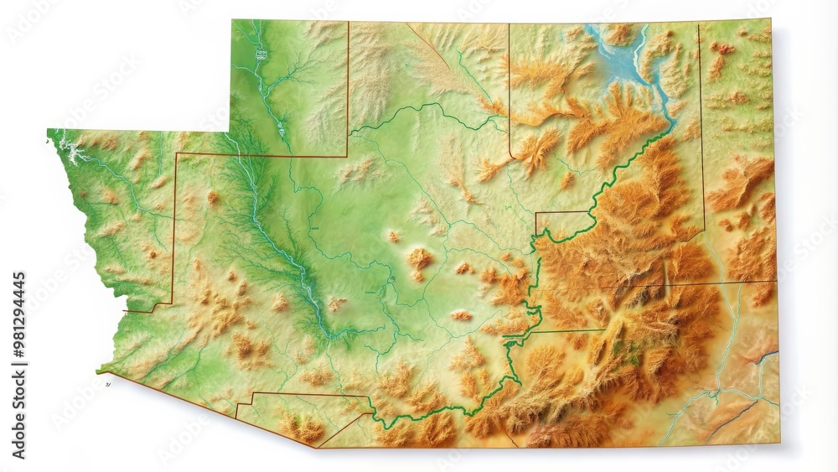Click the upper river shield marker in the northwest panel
(261, 54)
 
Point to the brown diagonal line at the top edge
(424, 39)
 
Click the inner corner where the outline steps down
(232, 131)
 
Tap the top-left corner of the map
(233, 21)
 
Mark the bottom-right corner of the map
(778, 443)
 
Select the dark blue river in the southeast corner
(764, 358)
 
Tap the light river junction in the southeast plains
(716, 391)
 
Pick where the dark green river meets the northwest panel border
(239, 155)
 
